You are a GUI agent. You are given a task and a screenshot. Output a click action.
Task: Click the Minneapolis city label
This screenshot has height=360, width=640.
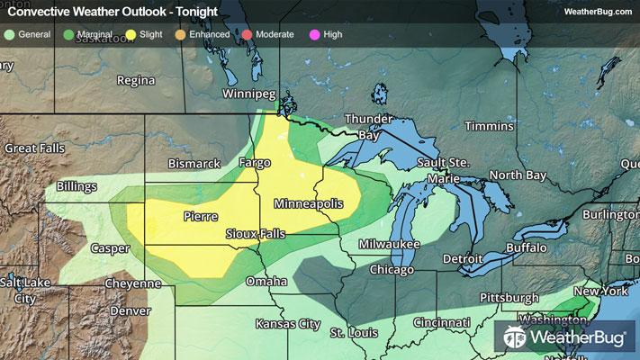[x=308, y=204]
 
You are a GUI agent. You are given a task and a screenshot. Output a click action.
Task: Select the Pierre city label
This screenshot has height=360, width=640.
[x=199, y=217]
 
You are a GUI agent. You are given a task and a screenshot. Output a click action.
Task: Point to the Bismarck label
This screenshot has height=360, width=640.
[x=194, y=164]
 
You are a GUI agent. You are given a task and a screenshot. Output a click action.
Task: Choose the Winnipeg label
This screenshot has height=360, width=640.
[x=249, y=94]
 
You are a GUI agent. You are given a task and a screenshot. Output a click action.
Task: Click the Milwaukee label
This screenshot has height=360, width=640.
[x=389, y=245]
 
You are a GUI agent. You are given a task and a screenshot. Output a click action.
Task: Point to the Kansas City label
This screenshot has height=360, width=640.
[x=288, y=323]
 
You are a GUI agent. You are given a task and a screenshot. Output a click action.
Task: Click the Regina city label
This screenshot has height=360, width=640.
[x=136, y=81]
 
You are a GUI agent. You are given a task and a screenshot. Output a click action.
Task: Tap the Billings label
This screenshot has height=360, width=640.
[x=77, y=186]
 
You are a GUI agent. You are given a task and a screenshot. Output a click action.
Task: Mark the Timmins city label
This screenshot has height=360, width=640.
[x=488, y=126]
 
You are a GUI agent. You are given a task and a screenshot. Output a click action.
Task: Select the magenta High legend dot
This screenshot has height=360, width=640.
[x=314, y=34]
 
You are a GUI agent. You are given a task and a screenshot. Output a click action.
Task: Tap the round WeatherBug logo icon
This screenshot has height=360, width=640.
[x=515, y=337]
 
